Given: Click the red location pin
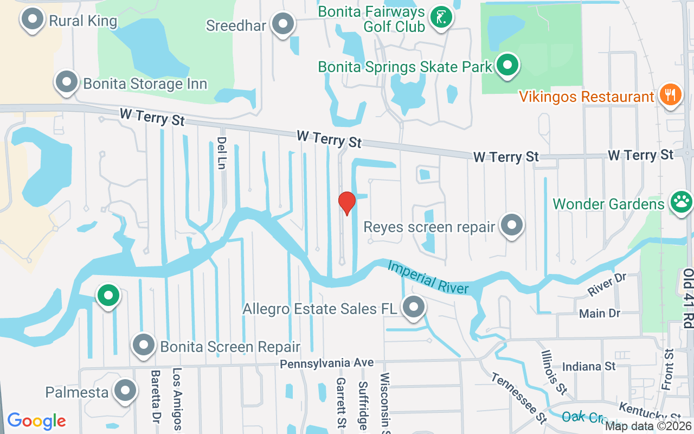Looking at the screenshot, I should tap(347, 203).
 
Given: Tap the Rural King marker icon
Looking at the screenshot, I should tap(33, 19).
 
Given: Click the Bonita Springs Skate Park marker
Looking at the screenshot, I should tap(507, 65).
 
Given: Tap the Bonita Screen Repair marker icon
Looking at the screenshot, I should tap(144, 344).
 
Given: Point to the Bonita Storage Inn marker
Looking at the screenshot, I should tap(67, 82).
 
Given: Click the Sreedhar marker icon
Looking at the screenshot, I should tap(282, 24).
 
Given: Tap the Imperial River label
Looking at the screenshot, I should tap(428, 277).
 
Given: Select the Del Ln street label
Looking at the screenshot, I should tap(221, 153).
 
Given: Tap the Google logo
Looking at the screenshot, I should tap(36, 421).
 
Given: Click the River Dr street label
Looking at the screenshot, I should tap(607, 285).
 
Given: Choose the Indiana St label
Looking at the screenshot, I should tap(588, 367).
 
